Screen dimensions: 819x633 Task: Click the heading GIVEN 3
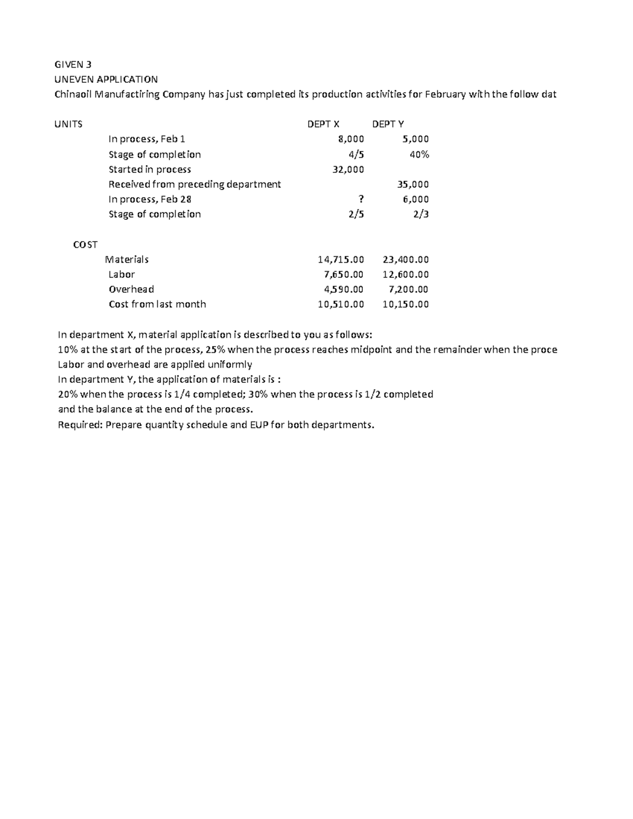click(73, 65)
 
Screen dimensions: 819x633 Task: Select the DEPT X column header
click(323, 124)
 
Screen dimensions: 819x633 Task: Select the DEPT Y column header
click(388, 124)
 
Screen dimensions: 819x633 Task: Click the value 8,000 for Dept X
click(351, 139)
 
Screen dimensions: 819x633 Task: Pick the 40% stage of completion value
click(419, 155)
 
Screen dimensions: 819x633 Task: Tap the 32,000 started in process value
click(348, 169)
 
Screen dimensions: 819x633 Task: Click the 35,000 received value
click(413, 185)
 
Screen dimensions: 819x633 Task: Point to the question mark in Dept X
click(361, 199)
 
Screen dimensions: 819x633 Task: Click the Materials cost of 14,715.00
click(341, 259)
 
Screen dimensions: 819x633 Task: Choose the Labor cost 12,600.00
click(405, 274)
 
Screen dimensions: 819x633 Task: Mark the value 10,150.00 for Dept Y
click(405, 304)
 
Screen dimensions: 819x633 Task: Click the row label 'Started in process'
click(150, 169)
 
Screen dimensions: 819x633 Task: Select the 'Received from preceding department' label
click(195, 185)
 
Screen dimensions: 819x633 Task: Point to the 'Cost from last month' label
click(157, 304)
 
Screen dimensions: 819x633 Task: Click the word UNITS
click(69, 124)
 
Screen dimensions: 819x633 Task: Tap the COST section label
click(85, 245)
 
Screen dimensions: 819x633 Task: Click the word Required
click(80, 425)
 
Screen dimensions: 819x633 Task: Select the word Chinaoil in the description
click(73, 95)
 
